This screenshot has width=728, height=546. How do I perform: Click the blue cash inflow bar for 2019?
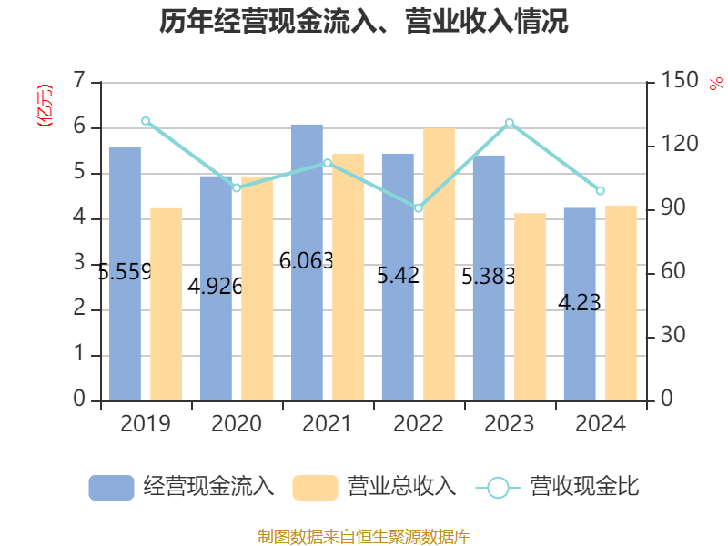(x=126, y=273)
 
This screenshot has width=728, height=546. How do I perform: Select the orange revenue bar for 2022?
(x=439, y=264)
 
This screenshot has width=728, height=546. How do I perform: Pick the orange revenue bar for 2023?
(x=530, y=306)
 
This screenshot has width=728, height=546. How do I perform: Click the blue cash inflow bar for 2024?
(x=580, y=304)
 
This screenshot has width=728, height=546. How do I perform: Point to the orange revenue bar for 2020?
(x=257, y=288)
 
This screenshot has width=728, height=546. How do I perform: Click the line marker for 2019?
(x=146, y=121)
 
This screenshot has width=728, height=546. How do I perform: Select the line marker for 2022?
(x=419, y=208)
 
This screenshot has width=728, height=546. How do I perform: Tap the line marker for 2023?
(x=510, y=123)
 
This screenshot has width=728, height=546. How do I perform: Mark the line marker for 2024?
(x=601, y=191)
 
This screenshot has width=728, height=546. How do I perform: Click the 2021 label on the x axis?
(x=328, y=424)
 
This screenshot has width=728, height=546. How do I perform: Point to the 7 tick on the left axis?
(x=79, y=82)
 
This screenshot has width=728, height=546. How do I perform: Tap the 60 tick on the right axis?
(x=674, y=273)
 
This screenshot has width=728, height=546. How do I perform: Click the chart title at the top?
(x=364, y=22)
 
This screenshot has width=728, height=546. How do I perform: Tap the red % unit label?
(x=715, y=85)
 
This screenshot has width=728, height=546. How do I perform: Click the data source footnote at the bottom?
(x=364, y=536)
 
